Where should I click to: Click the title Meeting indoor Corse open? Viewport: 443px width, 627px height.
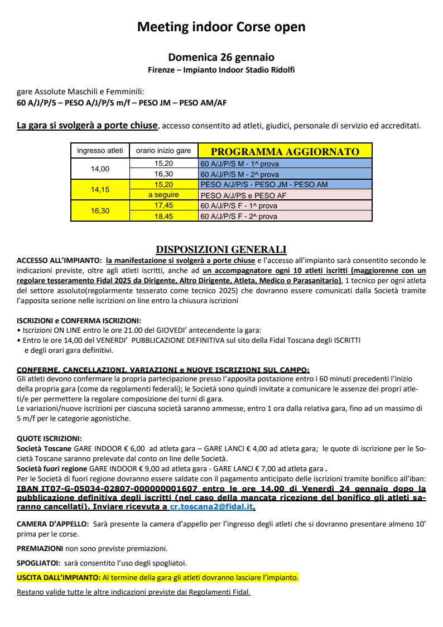(222, 27)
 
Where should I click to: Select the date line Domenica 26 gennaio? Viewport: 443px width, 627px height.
(222, 58)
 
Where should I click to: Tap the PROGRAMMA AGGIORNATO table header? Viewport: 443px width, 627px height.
(285, 151)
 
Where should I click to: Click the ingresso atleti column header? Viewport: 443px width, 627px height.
(100, 151)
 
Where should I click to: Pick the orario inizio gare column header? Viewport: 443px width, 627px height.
(163, 151)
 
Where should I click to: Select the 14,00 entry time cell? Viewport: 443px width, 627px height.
(100, 169)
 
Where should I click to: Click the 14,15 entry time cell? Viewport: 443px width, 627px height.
(100, 189)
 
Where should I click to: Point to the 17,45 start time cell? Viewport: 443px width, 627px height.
(163, 205)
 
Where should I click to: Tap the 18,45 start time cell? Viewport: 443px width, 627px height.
(163, 216)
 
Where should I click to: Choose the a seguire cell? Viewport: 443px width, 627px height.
(163, 195)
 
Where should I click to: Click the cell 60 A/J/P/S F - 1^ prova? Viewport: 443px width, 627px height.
(239, 205)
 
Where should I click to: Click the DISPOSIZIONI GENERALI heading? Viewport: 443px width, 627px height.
(221, 249)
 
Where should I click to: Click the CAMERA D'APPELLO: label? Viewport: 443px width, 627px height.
(53, 524)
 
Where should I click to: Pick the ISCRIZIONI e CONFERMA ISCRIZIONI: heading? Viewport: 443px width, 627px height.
(79, 321)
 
